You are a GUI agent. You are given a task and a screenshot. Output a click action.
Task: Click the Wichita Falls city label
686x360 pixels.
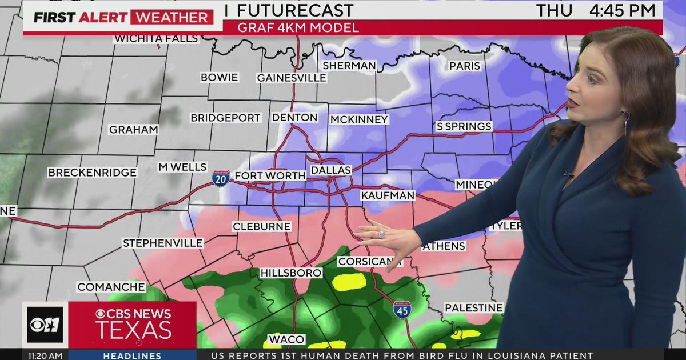click(156, 39)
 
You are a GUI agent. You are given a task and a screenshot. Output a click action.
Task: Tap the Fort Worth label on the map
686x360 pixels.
click(270, 175)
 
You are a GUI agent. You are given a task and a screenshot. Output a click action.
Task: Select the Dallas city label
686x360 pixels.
click(330, 170)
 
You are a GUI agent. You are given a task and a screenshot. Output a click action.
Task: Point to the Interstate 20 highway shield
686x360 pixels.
click(221, 178)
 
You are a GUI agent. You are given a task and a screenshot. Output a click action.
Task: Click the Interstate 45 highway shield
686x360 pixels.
click(401, 310)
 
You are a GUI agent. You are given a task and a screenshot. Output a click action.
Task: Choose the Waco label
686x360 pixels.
click(286, 339)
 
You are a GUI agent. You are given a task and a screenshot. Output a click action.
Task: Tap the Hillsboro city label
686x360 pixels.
click(291, 273)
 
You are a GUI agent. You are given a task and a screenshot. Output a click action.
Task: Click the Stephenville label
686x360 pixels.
click(163, 243)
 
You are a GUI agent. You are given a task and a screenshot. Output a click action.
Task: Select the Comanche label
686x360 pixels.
click(111, 287)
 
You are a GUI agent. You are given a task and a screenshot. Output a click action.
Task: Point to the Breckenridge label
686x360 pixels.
click(92, 173)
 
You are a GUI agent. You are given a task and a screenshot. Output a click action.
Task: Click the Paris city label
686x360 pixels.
click(464, 66)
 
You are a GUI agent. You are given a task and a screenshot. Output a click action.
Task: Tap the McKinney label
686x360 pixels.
click(359, 120)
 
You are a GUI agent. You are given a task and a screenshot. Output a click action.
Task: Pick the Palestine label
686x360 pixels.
click(474, 308)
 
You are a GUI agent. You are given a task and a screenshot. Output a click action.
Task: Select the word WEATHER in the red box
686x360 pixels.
click(171, 17)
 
